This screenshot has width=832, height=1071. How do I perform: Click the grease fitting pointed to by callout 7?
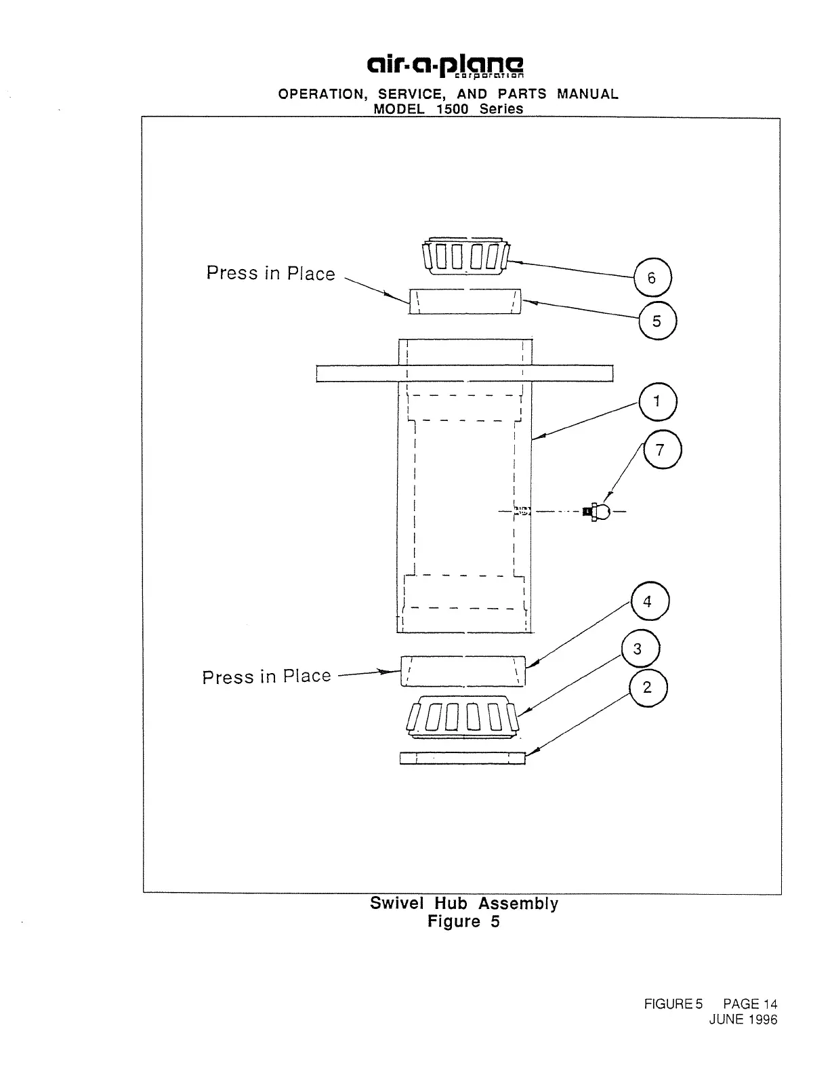(x=596, y=512)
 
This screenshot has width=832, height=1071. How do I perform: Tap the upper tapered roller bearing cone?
(x=465, y=256)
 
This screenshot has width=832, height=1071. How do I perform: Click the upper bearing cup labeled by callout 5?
(x=465, y=301)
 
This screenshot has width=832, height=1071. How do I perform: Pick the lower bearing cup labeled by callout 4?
(x=463, y=671)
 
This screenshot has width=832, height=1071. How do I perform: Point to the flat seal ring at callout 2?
(x=463, y=758)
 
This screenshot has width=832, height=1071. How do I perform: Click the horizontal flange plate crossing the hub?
(x=465, y=373)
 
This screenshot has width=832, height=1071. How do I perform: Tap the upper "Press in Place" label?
(x=270, y=273)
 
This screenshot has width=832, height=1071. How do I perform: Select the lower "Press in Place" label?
(x=266, y=676)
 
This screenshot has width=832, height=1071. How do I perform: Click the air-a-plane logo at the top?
(x=445, y=66)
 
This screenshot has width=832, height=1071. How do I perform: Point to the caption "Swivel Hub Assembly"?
(x=464, y=904)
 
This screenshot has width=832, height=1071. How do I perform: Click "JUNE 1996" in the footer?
(x=743, y=1019)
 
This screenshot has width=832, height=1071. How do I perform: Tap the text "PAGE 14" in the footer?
(x=750, y=1004)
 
